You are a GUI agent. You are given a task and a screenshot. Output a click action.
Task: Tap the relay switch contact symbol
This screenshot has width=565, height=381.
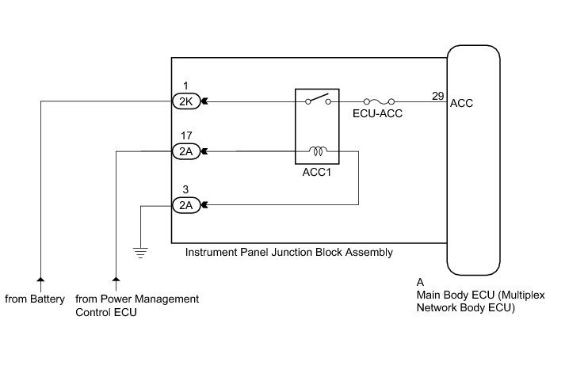[317, 100]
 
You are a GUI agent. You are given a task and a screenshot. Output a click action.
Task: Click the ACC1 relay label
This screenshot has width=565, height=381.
[317, 171]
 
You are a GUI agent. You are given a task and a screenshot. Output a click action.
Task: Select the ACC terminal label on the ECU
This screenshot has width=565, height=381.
[461, 104]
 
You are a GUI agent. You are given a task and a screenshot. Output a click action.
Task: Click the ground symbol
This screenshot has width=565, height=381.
[141, 253]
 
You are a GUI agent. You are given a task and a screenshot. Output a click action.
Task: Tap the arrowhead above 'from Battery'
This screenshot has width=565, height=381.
[40, 280]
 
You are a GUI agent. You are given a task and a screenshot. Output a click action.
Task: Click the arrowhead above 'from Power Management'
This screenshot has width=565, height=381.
[116, 280]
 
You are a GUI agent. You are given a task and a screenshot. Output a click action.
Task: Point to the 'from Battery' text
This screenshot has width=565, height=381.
[40, 299]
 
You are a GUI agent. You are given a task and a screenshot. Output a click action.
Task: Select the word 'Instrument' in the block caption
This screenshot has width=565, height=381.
[209, 253]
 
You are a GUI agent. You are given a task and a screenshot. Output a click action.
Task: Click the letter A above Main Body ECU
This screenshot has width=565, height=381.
[420, 282]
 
